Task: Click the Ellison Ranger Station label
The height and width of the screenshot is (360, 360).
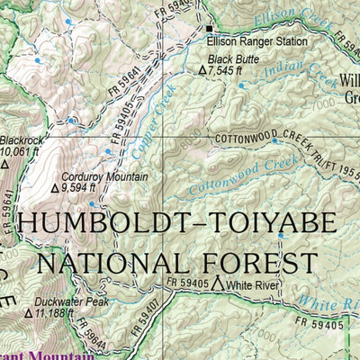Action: (x=256, y=41)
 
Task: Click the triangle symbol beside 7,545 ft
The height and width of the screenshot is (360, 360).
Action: (x=202, y=69)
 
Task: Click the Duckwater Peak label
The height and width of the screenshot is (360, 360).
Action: (x=71, y=302)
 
